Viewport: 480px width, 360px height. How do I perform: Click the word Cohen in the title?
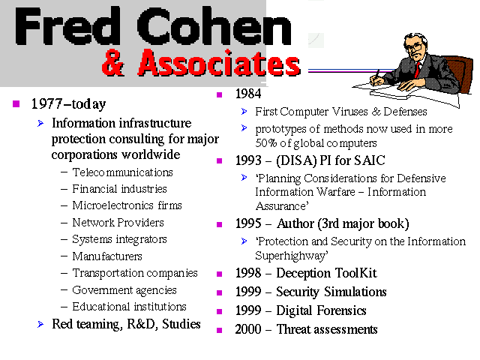pyautogui.click(x=214, y=26)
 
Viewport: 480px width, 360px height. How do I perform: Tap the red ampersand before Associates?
pyautogui.click(x=113, y=63)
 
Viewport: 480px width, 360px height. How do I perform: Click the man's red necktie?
pyautogui.click(x=417, y=70)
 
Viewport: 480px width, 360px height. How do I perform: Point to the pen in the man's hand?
pyautogui.click(x=376, y=76)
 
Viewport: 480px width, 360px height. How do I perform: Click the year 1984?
pyautogui.click(x=248, y=94)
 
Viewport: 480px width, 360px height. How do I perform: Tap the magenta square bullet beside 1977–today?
pyautogui.click(x=16, y=103)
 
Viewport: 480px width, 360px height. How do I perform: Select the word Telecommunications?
pyautogui.click(x=122, y=172)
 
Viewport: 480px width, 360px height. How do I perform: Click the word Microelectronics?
pyautogui.click(x=112, y=205)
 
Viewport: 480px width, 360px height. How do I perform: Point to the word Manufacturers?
pyautogui.click(x=107, y=256)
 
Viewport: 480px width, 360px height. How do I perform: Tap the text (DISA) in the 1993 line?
pyautogui.click(x=296, y=160)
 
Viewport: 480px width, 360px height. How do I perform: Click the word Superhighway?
pyautogui.click(x=292, y=256)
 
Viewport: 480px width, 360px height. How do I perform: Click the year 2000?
pyautogui.click(x=248, y=330)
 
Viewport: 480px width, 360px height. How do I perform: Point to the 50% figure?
pyautogui.click(x=266, y=143)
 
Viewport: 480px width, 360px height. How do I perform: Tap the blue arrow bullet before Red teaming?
pyautogui.click(x=40, y=325)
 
